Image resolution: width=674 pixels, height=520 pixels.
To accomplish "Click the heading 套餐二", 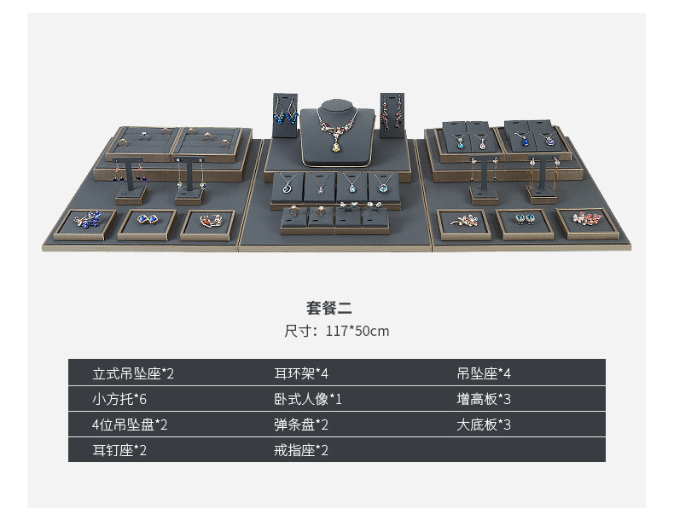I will click(329, 309).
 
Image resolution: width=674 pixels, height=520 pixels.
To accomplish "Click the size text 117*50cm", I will click(336, 331).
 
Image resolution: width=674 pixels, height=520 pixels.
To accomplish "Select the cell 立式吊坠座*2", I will click(133, 373).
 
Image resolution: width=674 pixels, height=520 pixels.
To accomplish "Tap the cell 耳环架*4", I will click(301, 373).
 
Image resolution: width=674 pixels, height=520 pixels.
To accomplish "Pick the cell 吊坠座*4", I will click(484, 373).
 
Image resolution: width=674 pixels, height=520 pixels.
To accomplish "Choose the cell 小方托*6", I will click(125, 399).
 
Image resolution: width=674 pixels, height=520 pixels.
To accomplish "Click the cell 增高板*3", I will click(484, 399).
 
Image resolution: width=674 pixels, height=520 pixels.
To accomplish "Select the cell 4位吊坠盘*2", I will click(130, 425).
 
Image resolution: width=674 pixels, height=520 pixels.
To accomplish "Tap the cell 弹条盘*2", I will click(301, 425).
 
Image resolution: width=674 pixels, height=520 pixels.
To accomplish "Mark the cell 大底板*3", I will click(484, 425).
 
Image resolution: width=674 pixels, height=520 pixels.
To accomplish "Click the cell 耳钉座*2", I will click(119, 450).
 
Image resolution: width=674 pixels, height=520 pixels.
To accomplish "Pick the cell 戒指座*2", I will click(301, 450).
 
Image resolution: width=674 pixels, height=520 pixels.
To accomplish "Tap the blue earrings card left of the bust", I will click(285, 113).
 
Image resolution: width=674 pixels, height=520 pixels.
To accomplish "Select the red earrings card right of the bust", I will click(391, 113).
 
